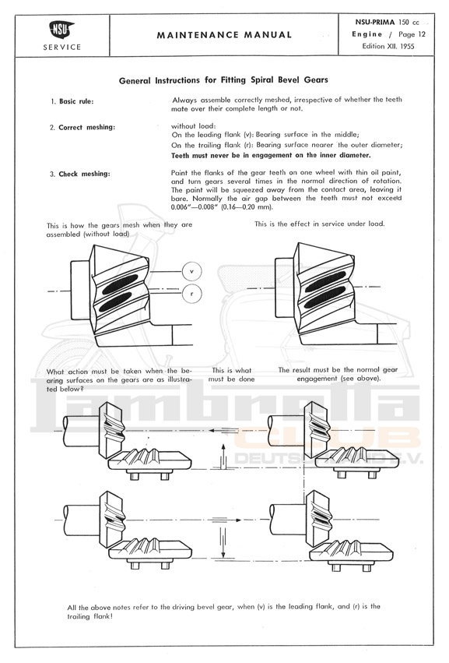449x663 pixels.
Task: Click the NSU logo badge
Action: [x=62, y=30]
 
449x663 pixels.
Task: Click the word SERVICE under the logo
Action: [x=62, y=48]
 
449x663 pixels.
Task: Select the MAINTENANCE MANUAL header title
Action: [x=224, y=35]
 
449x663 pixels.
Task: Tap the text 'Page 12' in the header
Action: [x=412, y=34]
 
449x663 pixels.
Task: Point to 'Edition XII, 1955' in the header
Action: [x=388, y=46]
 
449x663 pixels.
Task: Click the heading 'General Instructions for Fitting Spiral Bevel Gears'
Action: [x=223, y=80]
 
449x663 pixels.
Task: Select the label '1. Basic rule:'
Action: [x=72, y=101]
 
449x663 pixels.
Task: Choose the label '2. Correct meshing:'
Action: [x=82, y=127]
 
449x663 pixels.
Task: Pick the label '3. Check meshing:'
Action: [x=80, y=174]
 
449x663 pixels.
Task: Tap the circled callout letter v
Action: [x=191, y=271]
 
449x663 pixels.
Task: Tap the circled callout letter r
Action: [x=191, y=294]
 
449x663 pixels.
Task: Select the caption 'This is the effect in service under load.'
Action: [x=319, y=224]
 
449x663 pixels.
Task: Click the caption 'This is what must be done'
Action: [x=231, y=375]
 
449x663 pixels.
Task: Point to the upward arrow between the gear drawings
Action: [x=223, y=457]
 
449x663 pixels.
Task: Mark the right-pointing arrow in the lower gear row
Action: [x=226, y=520]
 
